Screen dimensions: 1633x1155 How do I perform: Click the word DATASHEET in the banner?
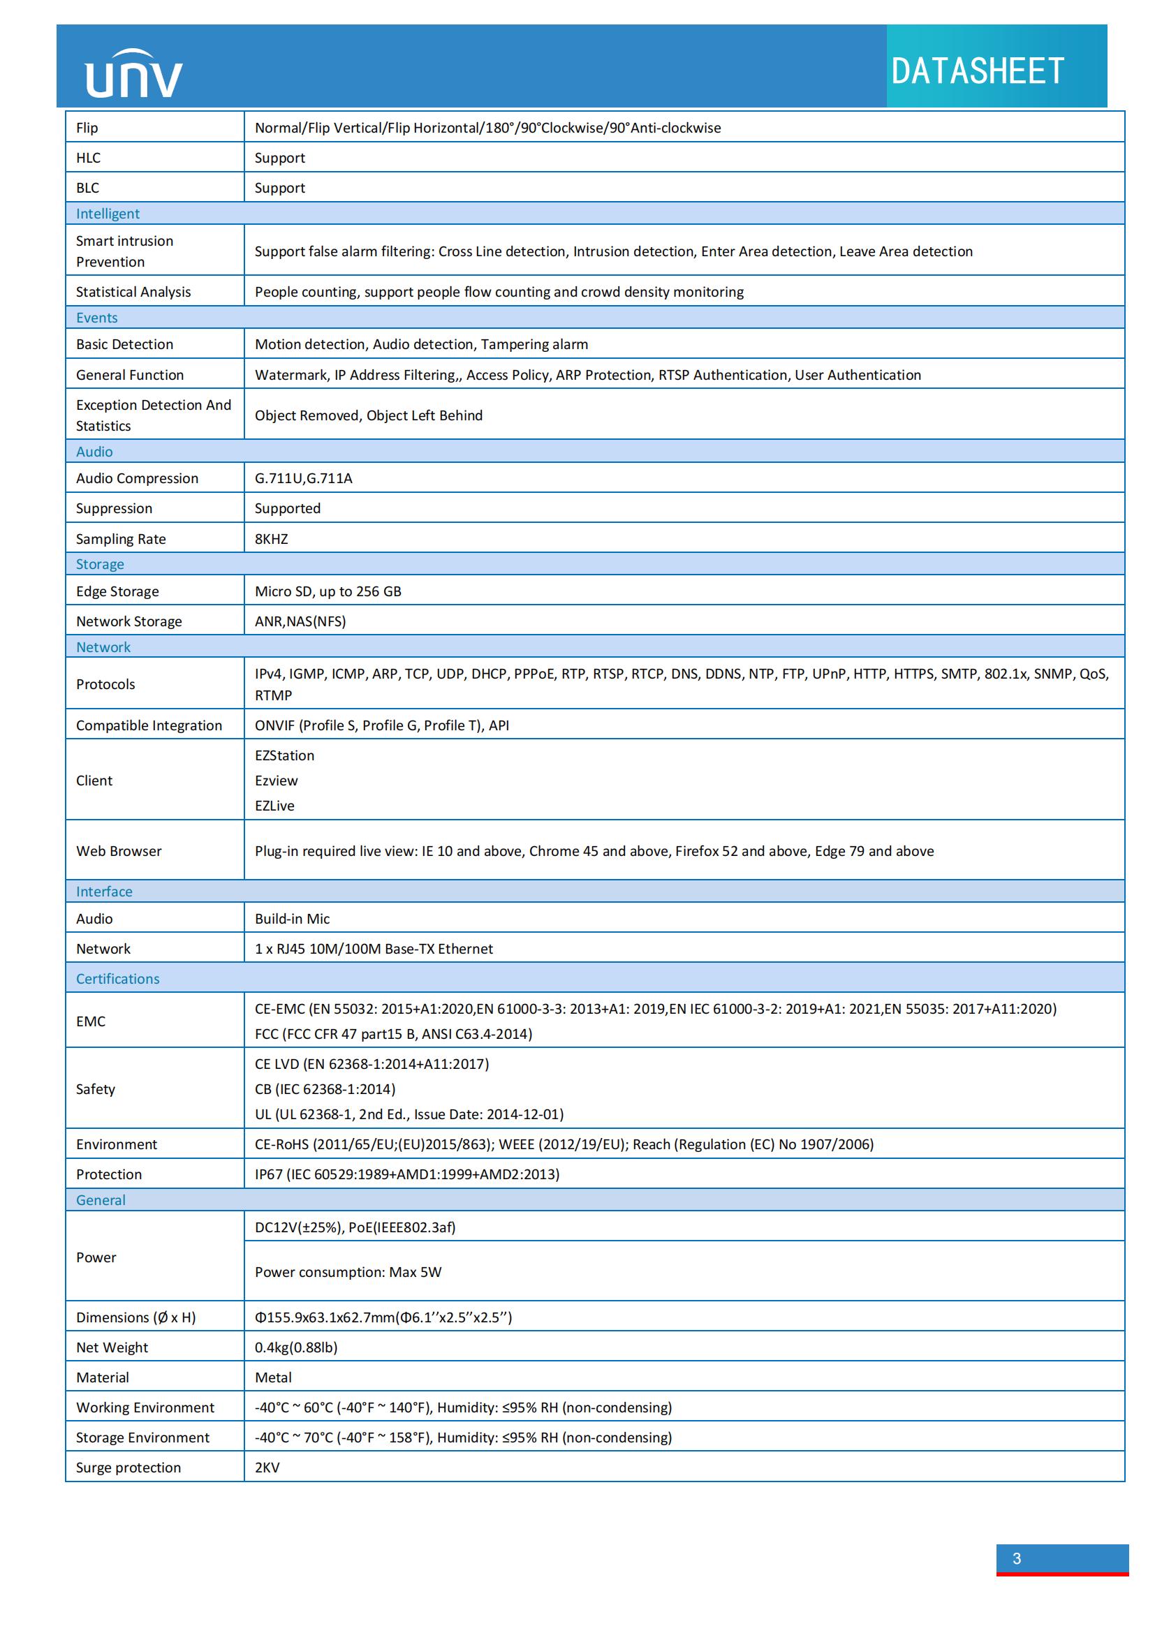pos(977,71)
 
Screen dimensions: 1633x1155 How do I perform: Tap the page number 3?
pos(1016,1558)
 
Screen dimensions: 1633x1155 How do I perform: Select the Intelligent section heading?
pos(108,214)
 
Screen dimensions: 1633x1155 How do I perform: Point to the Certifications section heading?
pos(117,979)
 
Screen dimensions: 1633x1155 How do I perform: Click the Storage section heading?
pos(100,564)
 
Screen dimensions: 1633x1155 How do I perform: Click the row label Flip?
pos(87,128)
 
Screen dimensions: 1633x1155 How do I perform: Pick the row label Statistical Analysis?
pos(133,292)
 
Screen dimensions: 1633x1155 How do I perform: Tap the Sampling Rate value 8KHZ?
pos(271,539)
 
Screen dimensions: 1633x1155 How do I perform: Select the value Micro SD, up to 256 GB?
pos(328,591)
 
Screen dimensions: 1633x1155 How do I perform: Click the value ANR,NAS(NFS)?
pos(300,621)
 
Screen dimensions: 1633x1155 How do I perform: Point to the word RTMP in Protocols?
pos(273,695)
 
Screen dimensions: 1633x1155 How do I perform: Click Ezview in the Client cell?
pos(276,781)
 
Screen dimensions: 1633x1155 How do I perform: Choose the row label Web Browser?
pos(119,850)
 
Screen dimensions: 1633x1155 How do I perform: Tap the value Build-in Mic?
pos(293,918)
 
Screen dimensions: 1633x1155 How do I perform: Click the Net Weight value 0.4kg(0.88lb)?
pos(296,1347)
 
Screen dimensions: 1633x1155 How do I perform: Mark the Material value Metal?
pos(273,1377)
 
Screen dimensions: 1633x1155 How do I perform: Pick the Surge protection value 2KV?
pos(267,1468)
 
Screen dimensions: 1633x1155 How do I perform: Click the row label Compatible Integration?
pos(149,725)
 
